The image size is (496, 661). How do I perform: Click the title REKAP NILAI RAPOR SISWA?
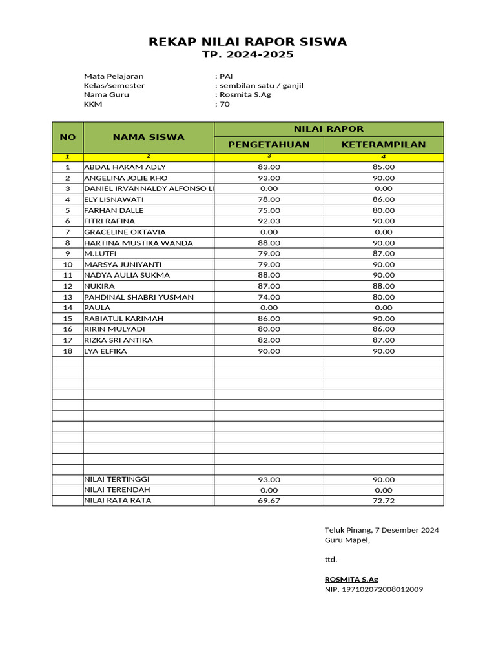tap(248, 42)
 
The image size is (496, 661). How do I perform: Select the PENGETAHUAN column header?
tap(269, 144)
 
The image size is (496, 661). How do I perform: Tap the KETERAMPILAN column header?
tap(384, 144)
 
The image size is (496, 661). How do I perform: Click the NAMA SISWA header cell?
tap(149, 137)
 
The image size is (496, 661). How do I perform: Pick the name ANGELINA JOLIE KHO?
tap(126, 178)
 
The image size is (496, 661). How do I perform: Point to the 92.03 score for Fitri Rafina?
tap(269, 221)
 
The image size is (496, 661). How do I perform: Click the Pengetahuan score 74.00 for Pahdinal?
tap(269, 297)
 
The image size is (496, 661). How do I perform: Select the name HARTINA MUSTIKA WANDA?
tap(138, 243)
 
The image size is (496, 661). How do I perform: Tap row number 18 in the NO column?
tap(68, 351)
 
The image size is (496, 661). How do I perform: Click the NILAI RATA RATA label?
tap(118, 500)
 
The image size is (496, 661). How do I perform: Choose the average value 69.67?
tap(269, 501)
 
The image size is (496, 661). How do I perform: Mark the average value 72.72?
tap(384, 501)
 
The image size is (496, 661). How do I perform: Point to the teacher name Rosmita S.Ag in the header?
tap(245, 94)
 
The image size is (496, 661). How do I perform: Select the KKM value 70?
tap(224, 104)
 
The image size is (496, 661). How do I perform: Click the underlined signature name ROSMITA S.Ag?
tap(351, 579)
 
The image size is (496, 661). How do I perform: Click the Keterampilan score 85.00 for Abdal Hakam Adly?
tap(384, 167)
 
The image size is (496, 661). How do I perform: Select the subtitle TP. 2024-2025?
tap(248, 55)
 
